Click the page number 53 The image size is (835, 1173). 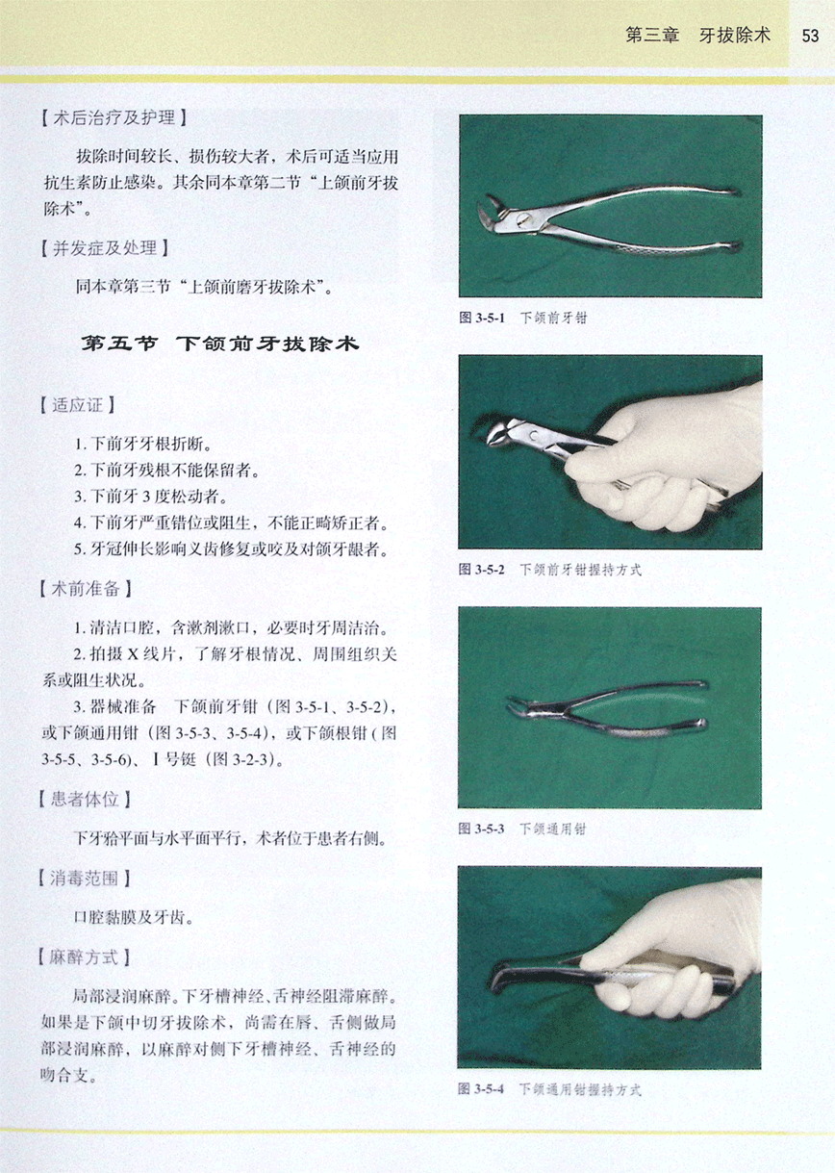click(810, 36)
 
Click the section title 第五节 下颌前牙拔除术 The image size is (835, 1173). click(220, 344)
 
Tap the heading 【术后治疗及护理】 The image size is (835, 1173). click(114, 117)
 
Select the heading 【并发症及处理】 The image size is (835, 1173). click(105, 247)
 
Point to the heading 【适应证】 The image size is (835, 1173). click(78, 405)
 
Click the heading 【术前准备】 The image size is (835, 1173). click(86, 589)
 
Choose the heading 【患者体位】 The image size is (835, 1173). click(85, 799)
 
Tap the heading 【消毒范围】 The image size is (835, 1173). click(85, 879)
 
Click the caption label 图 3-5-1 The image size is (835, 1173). click(482, 318)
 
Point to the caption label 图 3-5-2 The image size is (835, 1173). click(482, 570)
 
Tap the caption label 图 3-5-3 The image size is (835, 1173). click(482, 829)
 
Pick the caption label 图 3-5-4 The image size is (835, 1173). click(481, 1088)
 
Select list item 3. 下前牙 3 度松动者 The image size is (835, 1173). click(151, 496)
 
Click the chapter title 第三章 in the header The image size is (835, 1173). click(652, 36)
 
